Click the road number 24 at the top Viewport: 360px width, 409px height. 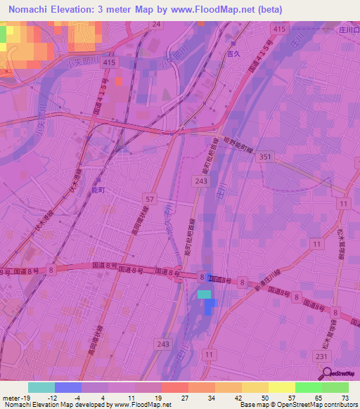coord(156,24)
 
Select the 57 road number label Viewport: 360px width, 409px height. coord(148,199)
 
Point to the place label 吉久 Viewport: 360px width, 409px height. coord(226,52)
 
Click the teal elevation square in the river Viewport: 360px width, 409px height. coord(204,294)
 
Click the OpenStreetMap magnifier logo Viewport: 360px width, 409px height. coord(326,372)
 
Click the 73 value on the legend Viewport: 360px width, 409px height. coord(344,397)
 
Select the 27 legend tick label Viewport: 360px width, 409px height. coord(184,397)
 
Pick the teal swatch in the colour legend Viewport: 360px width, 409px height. coord(41,387)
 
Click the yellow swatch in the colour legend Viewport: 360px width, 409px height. coord(281,387)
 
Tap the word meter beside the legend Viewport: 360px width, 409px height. coord(8,397)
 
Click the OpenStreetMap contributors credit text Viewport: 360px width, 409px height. coord(312,405)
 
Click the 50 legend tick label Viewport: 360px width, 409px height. coord(264,397)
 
